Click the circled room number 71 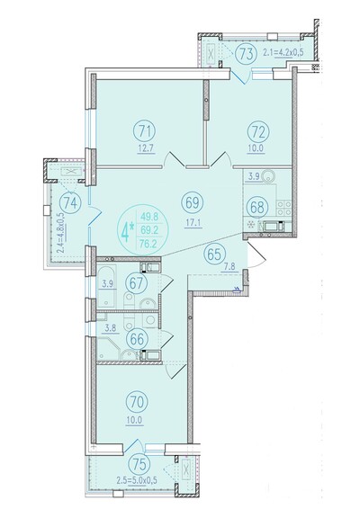pyautogui.click(x=145, y=132)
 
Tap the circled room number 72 pyautogui.click(x=258, y=132)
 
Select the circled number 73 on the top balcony pyautogui.click(x=247, y=54)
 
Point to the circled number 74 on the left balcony pyautogui.click(x=70, y=203)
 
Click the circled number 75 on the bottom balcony pyautogui.click(x=139, y=465)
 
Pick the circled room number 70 pyautogui.click(x=137, y=402)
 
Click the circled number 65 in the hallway pyautogui.click(x=214, y=254)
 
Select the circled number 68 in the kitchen pyautogui.click(x=257, y=208)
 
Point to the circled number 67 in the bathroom pyautogui.click(x=137, y=282)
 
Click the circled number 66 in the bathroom pyautogui.click(x=137, y=339)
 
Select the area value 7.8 pyautogui.click(x=229, y=267)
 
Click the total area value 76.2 pyautogui.click(x=149, y=244)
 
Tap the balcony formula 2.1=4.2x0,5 pyautogui.click(x=283, y=52)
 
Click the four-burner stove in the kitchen pyautogui.click(x=283, y=208)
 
